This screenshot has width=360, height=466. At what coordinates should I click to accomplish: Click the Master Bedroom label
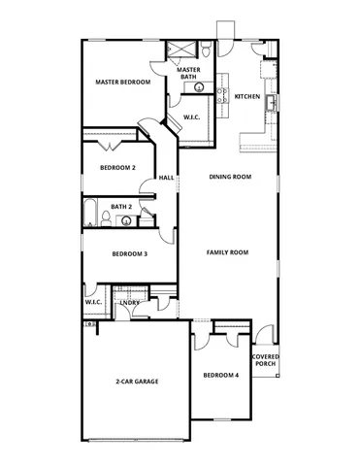pos(122,83)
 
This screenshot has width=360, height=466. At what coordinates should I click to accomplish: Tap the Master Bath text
pos(188,73)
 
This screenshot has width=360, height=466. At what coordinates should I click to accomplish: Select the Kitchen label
pos(247,96)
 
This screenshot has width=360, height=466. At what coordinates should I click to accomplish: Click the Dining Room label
pos(231,177)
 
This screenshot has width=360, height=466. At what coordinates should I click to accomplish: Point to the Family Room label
pos(228,251)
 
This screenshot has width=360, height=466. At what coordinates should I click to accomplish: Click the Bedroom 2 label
pos(117,167)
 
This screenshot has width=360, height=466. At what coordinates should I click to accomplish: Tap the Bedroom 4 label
pos(220,375)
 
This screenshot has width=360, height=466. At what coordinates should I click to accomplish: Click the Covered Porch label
pos(265,360)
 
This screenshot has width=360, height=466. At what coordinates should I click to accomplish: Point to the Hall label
pos(166,178)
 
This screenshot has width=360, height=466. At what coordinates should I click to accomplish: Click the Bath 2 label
pos(120,206)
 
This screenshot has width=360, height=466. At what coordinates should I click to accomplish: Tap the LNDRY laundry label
pos(130,303)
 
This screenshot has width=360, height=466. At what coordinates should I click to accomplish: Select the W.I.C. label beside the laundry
pos(93,302)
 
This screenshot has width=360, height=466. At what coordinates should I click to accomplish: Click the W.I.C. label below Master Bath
pos(192,116)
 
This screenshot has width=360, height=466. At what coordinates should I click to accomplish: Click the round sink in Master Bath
pos(201,87)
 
